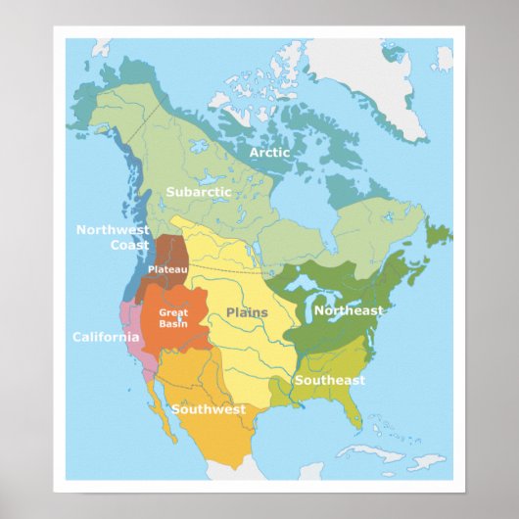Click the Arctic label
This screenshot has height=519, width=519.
point(268,153)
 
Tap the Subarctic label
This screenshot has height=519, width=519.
point(198,192)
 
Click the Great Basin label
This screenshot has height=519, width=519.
point(173,318)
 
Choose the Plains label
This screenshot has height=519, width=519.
point(247,312)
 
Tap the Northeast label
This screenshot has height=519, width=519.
point(348,310)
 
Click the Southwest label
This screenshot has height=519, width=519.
point(209,409)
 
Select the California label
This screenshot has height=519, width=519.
point(106,337)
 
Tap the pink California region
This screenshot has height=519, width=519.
point(133,333)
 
